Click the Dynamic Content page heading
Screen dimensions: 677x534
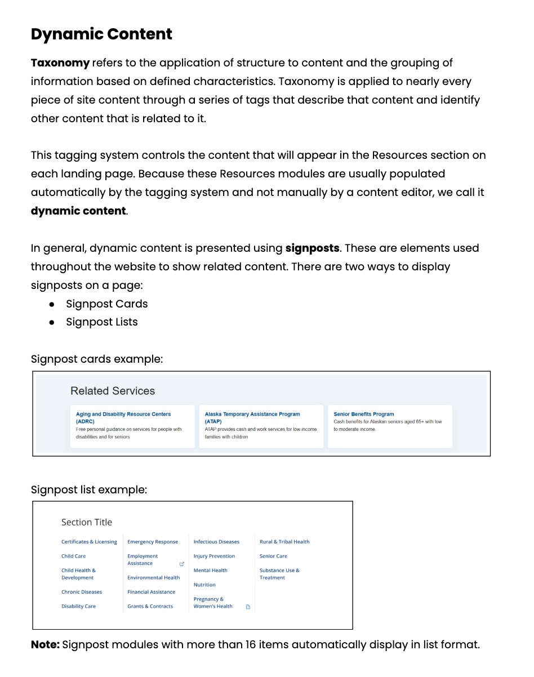(101, 34)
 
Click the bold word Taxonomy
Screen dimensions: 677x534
(60, 63)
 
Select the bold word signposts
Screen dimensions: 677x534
(312, 248)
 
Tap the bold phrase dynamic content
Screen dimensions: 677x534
(78, 211)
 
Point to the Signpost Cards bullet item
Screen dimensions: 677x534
(106, 304)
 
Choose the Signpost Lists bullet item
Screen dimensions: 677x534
(101, 322)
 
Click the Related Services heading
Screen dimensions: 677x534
(113, 391)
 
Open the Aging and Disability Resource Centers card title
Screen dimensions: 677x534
(123, 415)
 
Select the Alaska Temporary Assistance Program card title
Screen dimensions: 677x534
(252, 415)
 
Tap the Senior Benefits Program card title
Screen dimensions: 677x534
(364, 415)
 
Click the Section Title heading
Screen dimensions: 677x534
(87, 523)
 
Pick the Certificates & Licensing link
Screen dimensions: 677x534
(89, 542)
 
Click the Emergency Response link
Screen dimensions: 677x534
(153, 542)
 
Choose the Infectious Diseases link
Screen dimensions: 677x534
(216, 542)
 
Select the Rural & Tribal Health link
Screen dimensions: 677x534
(284, 542)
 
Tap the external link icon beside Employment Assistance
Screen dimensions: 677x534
(181, 564)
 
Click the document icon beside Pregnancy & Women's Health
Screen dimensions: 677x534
(248, 607)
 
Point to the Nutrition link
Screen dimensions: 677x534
(204, 585)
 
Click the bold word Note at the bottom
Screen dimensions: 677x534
(45, 645)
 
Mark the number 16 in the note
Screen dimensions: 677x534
(251, 645)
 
